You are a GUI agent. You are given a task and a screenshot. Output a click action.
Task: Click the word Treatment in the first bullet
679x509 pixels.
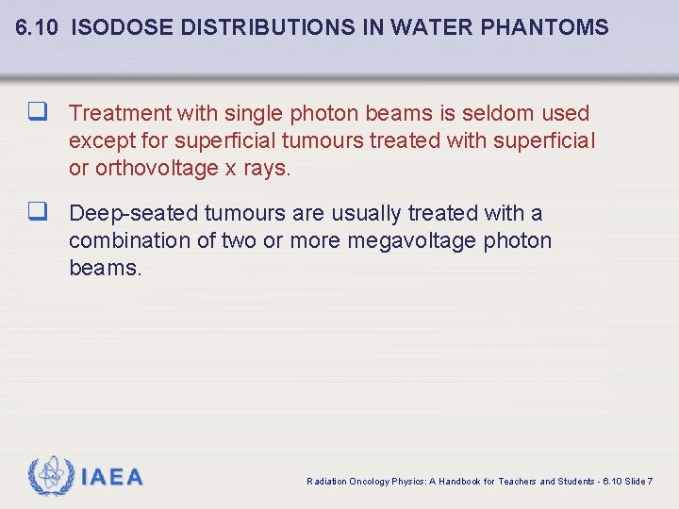click(x=121, y=114)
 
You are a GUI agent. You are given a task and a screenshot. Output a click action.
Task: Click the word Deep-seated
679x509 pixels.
click(x=134, y=214)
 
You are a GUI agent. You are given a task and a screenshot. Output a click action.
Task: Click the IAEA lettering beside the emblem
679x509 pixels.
click(x=112, y=478)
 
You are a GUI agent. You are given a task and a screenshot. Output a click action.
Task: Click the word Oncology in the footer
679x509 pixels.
click(x=369, y=482)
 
